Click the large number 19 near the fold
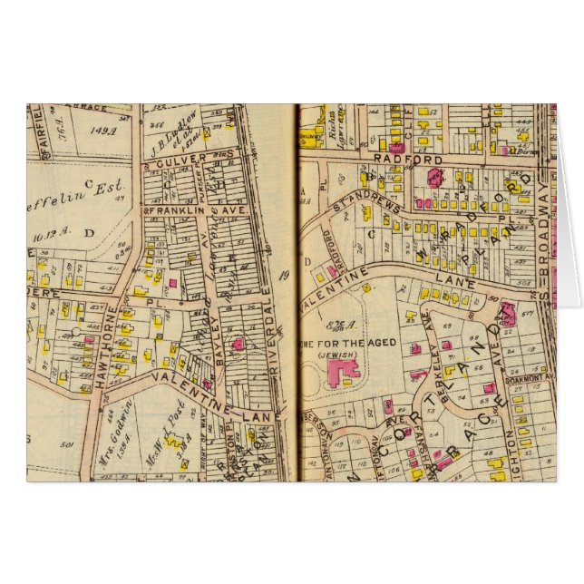283,277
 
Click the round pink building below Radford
435,177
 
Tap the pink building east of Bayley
238,345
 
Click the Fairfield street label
37,127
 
